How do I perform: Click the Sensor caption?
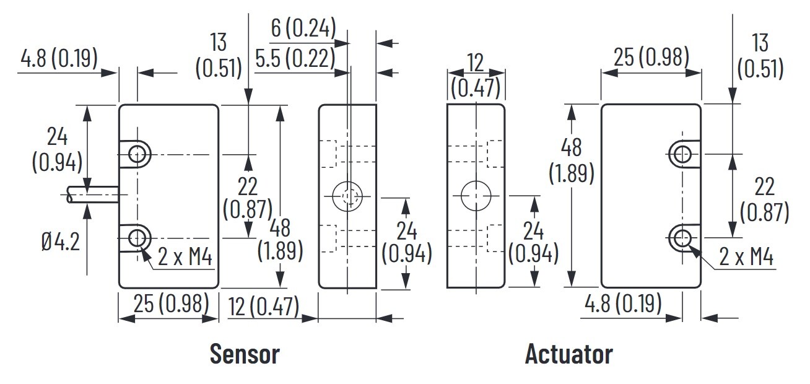(245, 354)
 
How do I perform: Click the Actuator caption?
(568, 354)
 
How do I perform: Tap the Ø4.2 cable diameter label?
(61, 242)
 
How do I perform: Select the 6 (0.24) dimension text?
(303, 27)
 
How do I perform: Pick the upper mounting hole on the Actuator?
(682, 154)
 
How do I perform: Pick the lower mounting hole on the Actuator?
(682, 237)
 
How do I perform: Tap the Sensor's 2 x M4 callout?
(185, 256)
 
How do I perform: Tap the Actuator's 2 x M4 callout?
(747, 256)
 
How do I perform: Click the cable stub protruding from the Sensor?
(93, 196)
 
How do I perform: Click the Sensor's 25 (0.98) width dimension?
(168, 304)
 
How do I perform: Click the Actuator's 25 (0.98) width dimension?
(651, 58)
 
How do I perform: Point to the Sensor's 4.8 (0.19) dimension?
(59, 59)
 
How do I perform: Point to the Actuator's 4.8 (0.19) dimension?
(624, 303)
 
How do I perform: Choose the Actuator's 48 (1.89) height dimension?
(572, 161)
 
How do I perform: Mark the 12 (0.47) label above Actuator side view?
(475, 76)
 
